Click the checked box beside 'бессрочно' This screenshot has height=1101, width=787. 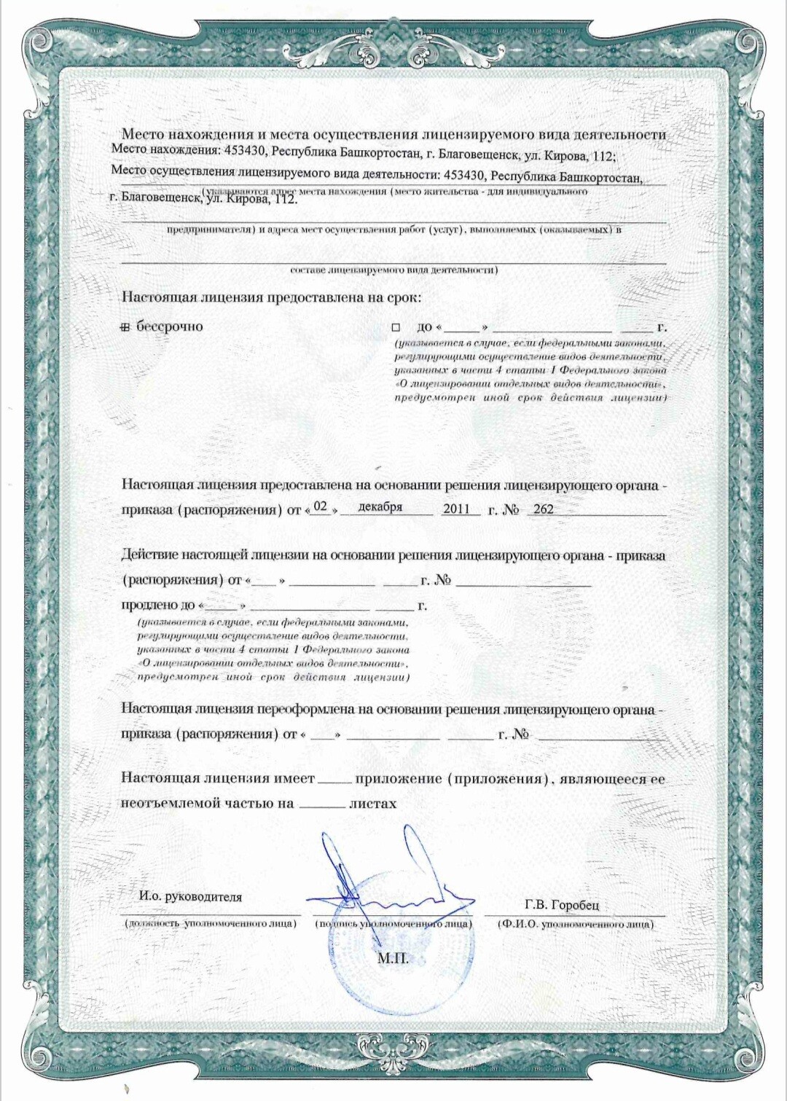tap(125, 327)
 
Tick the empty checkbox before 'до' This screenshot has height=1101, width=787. tap(396, 328)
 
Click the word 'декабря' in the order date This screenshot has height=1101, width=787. tap(380, 507)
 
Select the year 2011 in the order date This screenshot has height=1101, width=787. tap(456, 509)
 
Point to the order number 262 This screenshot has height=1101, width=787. tap(544, 509)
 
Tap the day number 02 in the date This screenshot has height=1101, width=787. tap(321, 506)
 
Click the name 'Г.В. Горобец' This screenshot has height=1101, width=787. tap(561, 904)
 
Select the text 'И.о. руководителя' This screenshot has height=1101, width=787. tap(190, 896)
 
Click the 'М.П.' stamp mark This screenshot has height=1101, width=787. tap(392, 958)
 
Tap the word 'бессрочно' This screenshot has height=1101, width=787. tap(170, 326)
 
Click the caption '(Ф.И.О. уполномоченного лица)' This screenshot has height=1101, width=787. tap(575, 924)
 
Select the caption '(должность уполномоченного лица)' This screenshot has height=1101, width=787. tap(211, 923)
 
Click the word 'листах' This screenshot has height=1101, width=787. tap(372, 803)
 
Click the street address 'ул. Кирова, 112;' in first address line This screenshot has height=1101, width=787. tap(570, 154)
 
